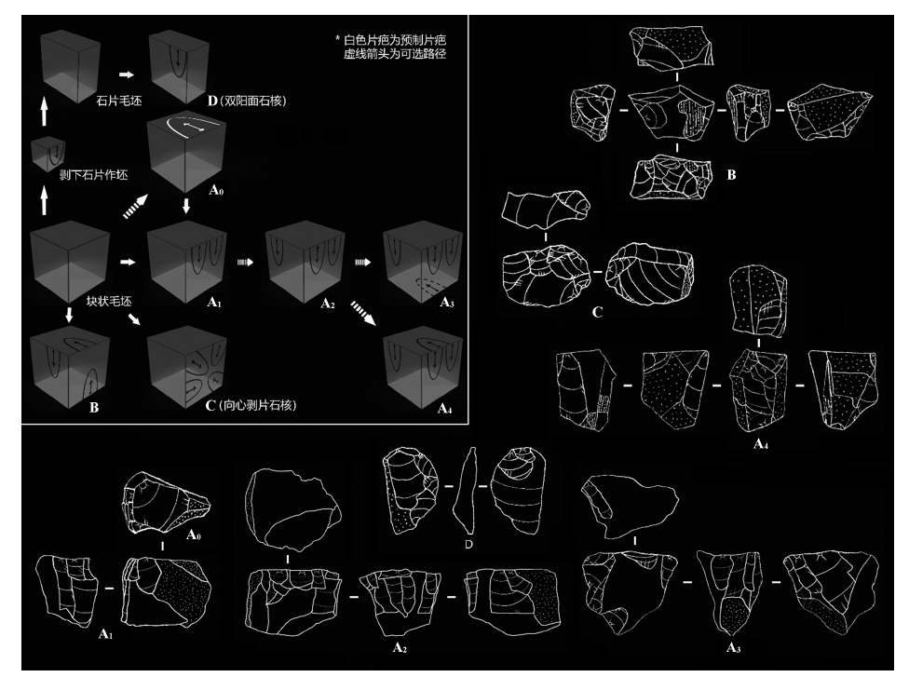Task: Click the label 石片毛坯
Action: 119,101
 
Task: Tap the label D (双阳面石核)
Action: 247,101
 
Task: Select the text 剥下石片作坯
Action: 93,174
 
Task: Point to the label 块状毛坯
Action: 109,301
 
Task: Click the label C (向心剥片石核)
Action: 251,405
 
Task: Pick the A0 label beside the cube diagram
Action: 216,190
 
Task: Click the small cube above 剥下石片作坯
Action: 48,154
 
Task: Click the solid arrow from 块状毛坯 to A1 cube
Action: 128,262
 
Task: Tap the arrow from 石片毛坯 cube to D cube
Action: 127,74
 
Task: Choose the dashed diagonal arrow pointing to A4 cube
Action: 363,313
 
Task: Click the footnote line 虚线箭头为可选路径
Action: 395,54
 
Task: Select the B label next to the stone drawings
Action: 732,174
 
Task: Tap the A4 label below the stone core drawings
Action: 761,444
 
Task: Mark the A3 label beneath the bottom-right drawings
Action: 733,647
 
